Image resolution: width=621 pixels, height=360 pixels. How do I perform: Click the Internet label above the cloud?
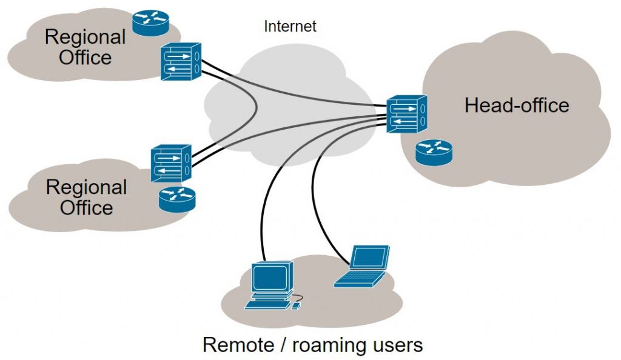pos(290,27)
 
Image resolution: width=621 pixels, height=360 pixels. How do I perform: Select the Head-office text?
pos(517,105)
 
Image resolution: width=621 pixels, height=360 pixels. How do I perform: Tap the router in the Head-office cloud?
pos(434,153)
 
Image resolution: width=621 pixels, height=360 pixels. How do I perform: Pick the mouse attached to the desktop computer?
pos(296,306)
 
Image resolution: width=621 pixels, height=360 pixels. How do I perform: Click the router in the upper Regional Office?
pos(150,22)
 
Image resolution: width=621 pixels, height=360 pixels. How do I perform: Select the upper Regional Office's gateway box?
pos(181,62)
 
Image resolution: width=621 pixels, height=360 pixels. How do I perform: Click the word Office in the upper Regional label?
pos(86,58)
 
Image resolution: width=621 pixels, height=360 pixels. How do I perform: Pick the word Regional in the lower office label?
pos(87,187)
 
